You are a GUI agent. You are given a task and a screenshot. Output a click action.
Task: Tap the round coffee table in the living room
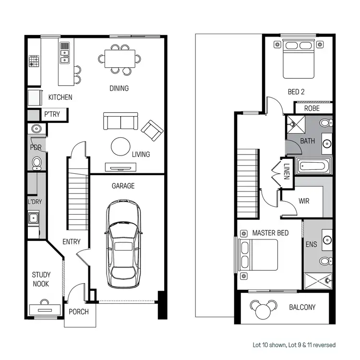coord(120,146)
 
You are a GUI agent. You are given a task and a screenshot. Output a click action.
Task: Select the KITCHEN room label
coord(60,97)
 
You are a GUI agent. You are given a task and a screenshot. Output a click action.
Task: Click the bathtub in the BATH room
coord(313,167)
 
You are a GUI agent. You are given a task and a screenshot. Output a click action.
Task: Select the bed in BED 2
coord(298,59)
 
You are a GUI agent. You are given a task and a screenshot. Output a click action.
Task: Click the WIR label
coord(304,201)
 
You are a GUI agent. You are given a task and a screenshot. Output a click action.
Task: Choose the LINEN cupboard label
coord(286,171)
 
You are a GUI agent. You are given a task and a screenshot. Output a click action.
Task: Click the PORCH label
coord(79,312)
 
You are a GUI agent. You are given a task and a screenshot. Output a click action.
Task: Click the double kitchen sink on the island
coord(64,53)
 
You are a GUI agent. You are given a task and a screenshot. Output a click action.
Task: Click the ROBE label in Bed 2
coord(312,108)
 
